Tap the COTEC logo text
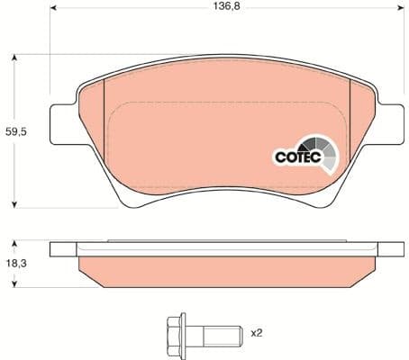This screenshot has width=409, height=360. [295, 157]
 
